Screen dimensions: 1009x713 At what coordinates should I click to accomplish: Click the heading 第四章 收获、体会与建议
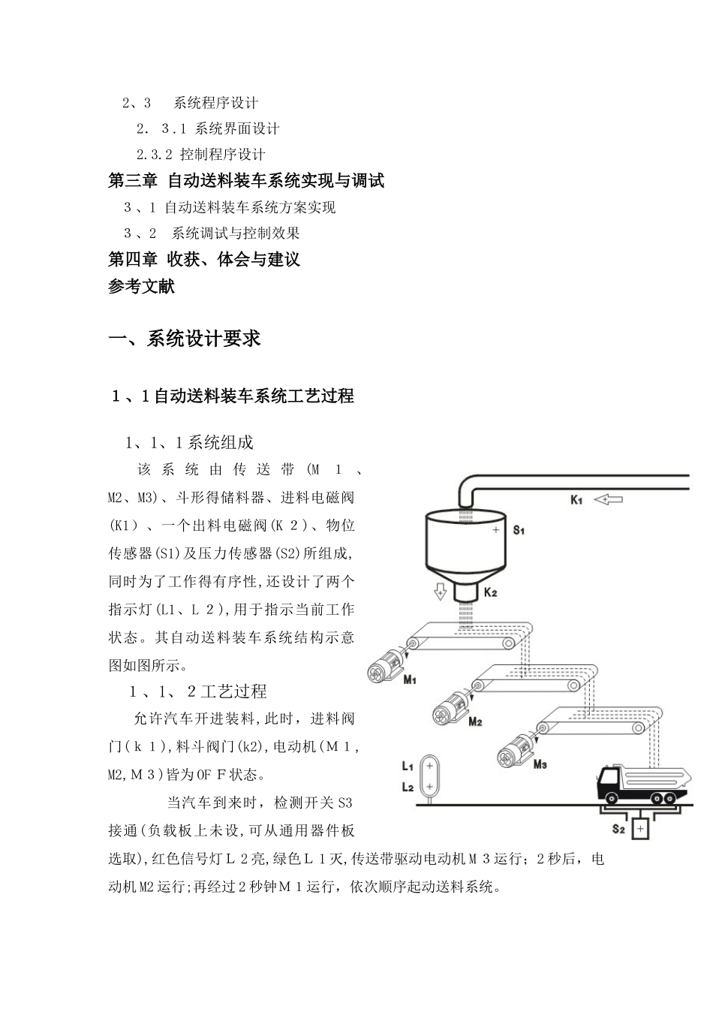[204, 260]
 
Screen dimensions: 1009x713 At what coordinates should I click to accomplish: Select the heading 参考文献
[142, 286]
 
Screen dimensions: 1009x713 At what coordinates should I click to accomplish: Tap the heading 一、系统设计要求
[185, 339]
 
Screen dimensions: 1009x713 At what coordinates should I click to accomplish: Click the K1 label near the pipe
[576, 500]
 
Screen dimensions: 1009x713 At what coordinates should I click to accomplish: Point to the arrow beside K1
[608, 498]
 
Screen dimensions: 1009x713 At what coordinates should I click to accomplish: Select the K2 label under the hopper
[490, 592]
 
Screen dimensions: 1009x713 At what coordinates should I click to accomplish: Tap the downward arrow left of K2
[439, 592]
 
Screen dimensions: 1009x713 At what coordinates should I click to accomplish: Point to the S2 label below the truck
[618, 829]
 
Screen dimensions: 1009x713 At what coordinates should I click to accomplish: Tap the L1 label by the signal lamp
[408, 767]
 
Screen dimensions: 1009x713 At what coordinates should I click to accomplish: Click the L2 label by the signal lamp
[408, 787]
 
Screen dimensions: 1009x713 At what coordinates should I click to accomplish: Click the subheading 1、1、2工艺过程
[198, 691]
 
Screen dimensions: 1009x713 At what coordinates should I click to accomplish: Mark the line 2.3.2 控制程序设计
[201, 155]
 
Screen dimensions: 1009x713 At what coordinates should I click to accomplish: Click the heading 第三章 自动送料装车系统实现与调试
[246, 181]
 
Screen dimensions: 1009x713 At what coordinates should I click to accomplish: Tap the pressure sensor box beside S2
[640, 829]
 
